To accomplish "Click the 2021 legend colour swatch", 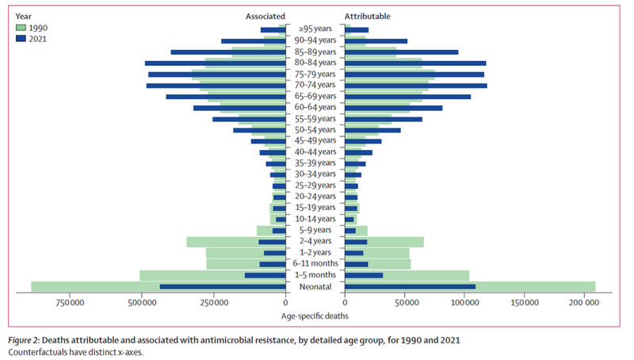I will pos(21,37).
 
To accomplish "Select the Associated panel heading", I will pos(265,16).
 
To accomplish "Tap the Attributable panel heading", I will pos(368,16).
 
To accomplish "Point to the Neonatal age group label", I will pos(315,286).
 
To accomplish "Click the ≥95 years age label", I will pos(315,29).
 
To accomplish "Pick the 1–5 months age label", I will pos(315,275).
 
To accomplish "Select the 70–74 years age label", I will pos(315,84).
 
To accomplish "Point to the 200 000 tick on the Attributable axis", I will pos(584,302).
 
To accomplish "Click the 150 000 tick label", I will pos(525,302).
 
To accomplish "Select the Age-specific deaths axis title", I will pos(315,316).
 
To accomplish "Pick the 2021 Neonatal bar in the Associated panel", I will pos(223,286).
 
